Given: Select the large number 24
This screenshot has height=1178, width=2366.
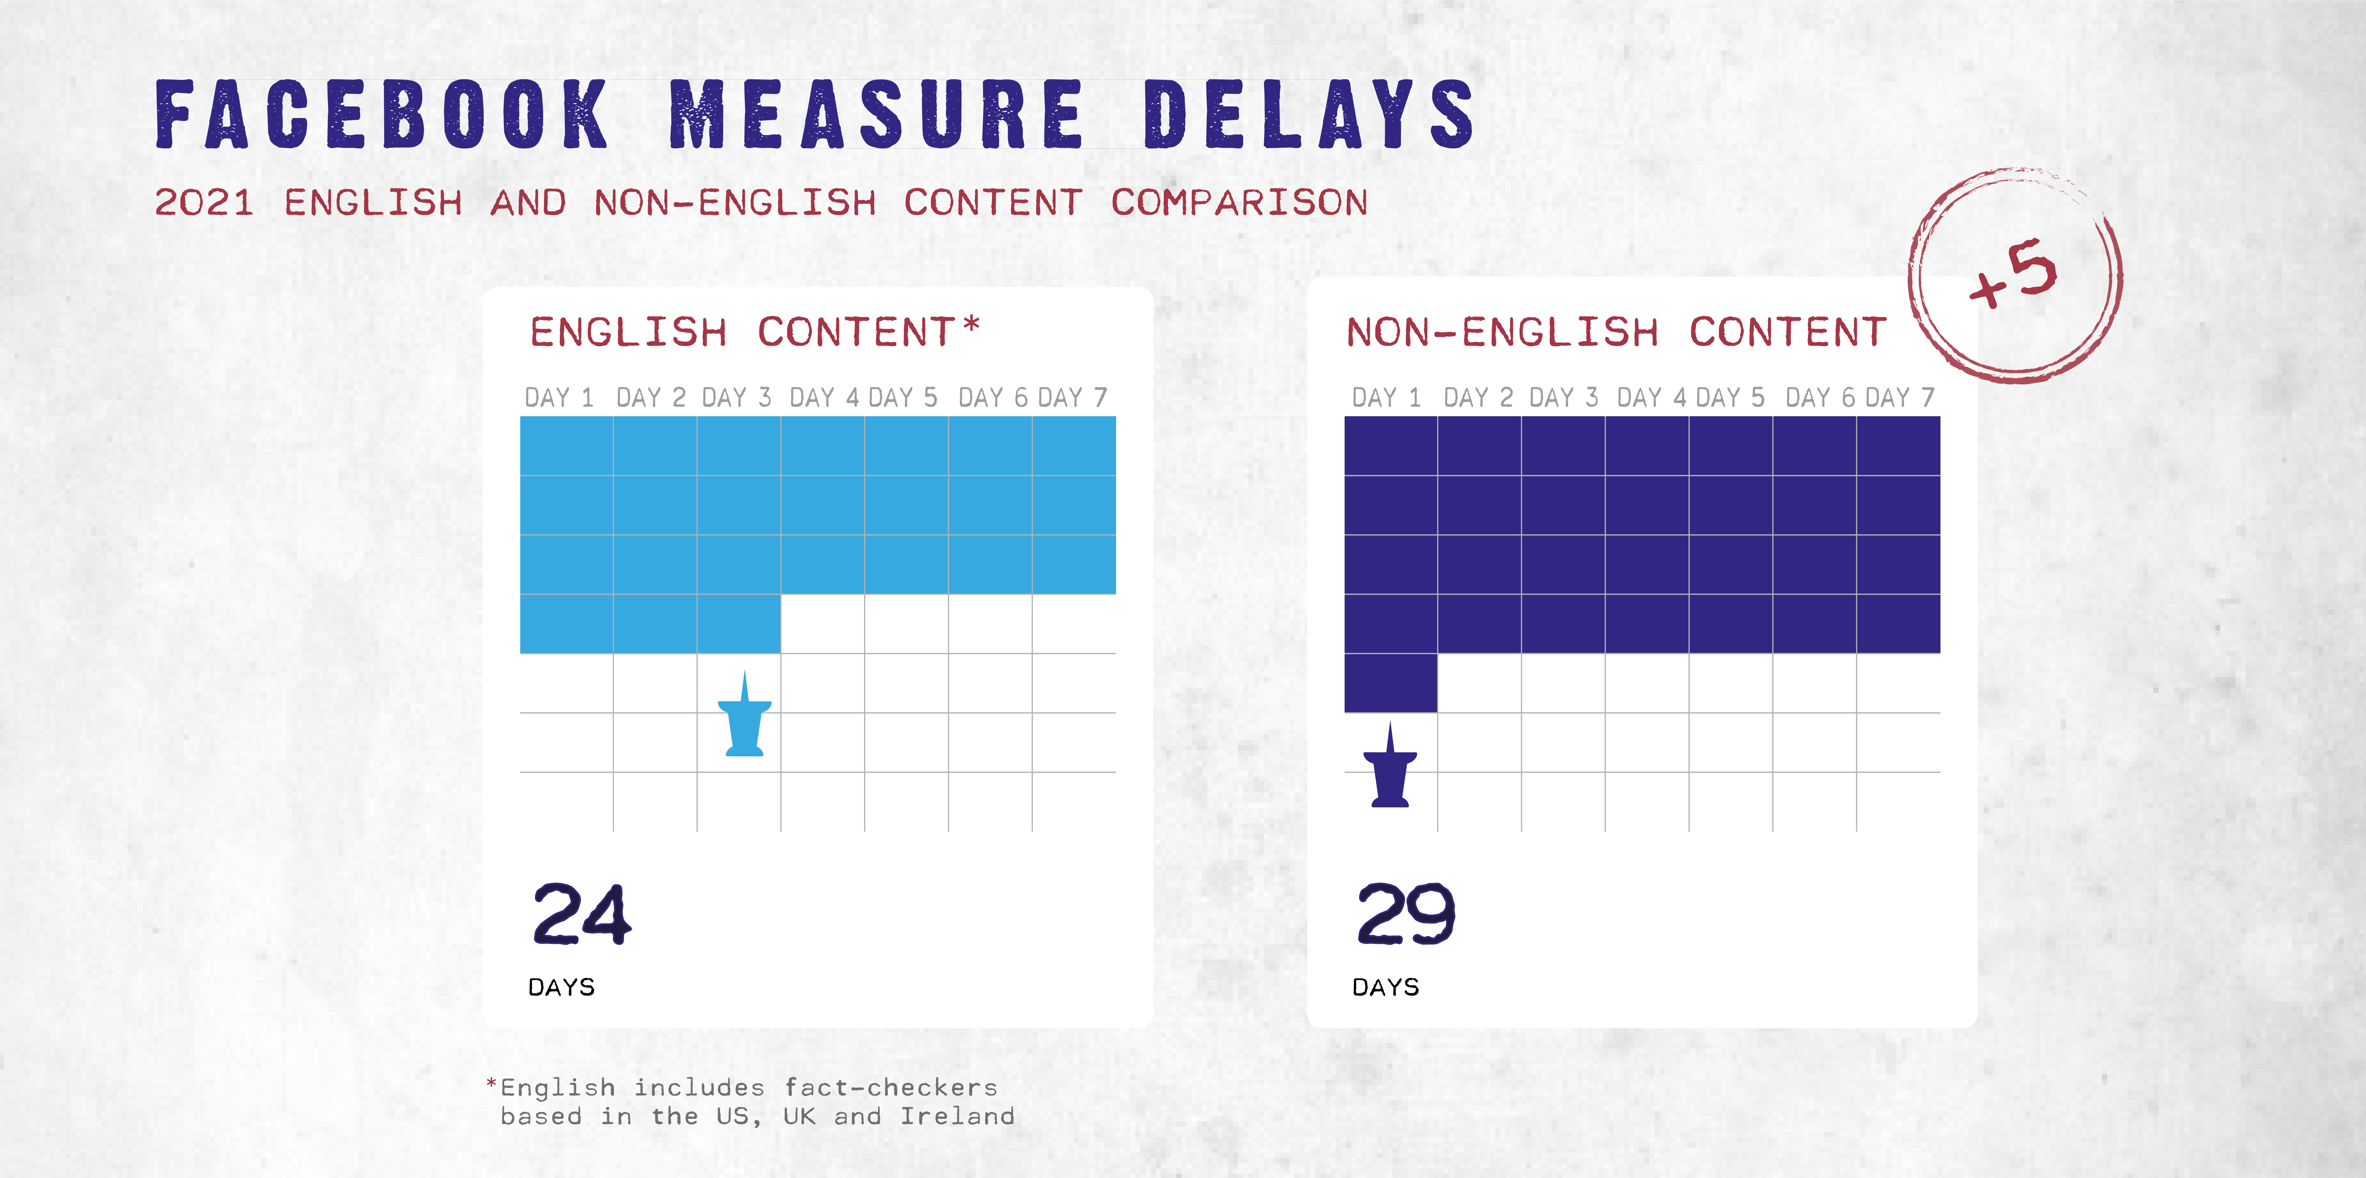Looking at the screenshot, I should [x=581, y=915].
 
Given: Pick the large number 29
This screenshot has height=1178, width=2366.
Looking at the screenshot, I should [x=1405, y=915].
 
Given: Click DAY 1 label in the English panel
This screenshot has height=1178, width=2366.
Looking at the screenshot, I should [x=558, y=398].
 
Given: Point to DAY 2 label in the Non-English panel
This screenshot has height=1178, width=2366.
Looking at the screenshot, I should [x=1478, y=398].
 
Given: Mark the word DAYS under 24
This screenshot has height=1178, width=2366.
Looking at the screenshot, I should [x=561, y=987].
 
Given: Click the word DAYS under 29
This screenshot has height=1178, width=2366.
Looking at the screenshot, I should [x=1385, y=987].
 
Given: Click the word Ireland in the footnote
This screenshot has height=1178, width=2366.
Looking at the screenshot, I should [x=957, y=1117].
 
